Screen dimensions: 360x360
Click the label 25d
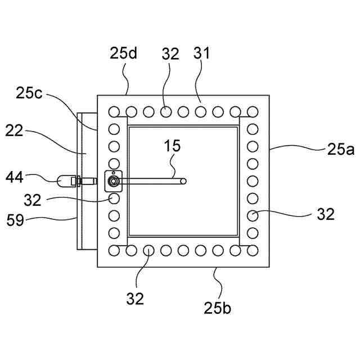124,55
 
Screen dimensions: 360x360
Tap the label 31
201,54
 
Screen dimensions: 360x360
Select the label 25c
29,94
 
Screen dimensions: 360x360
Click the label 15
173,146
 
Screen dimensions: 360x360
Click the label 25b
218,308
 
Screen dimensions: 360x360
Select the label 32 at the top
170,54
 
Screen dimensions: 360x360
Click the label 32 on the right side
325,214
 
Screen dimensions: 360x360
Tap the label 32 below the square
135,298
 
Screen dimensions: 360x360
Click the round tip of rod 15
183,181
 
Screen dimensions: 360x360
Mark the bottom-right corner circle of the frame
252,250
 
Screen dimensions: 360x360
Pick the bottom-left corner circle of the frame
114,250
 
